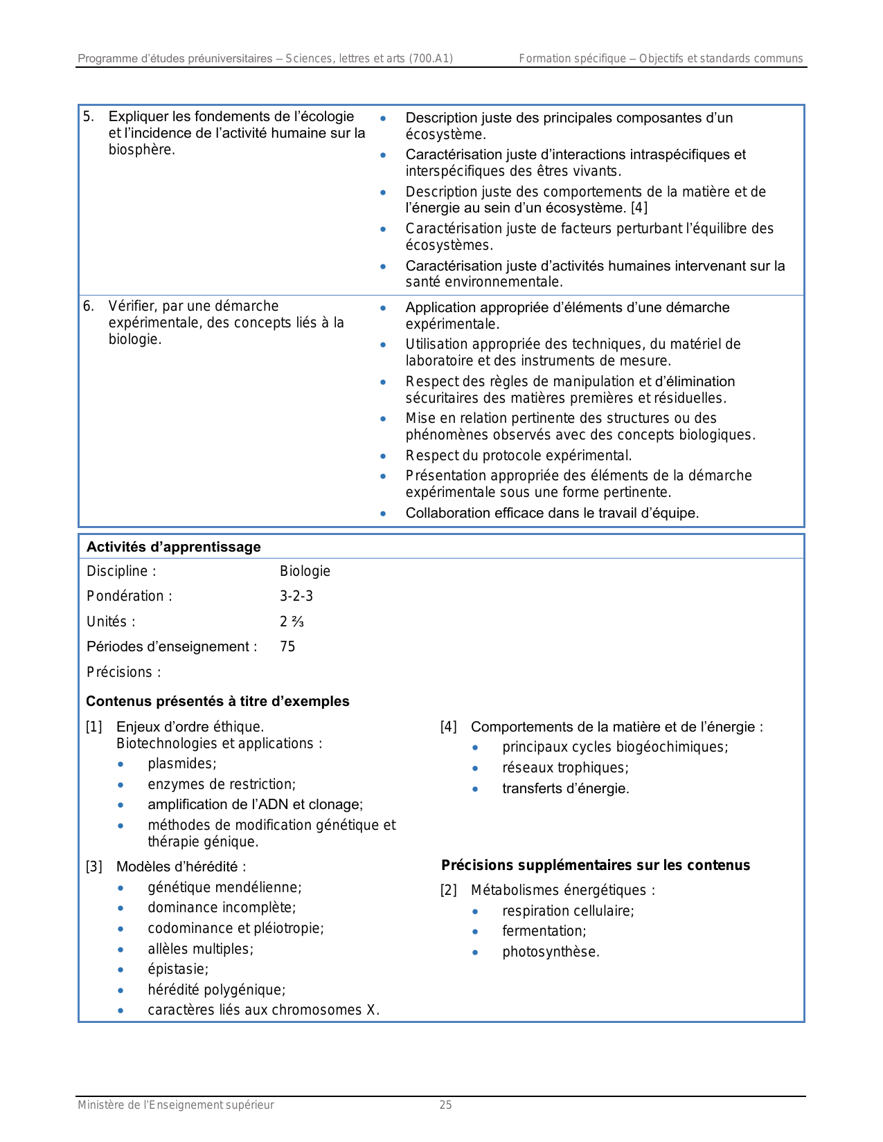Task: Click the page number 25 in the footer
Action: click(445, 1105)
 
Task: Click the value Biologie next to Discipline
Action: click(305, 571)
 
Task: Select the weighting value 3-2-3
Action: click(296, 596)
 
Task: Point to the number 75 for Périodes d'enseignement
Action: click(287, 646)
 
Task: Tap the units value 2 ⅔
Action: click(292, 622)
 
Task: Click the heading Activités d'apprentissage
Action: click(173, 547)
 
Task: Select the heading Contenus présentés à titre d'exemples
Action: click(217, 701)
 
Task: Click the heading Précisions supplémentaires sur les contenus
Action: click(596, 865)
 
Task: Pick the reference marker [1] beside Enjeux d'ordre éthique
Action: click(94, 727)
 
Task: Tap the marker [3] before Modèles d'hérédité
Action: click(94, 867)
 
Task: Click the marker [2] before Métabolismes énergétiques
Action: click(449, 890)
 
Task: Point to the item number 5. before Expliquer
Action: click(89, 117)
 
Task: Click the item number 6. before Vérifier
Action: click(89, 306)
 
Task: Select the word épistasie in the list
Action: click(177, 969)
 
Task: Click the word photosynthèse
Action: click(551, 952)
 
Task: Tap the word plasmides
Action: click(181, 763)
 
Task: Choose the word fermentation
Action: click(544, 931)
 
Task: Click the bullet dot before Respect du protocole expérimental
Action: click(383, 456)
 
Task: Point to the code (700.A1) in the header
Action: click(431, 59)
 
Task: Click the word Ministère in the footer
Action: click(101, 1105)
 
